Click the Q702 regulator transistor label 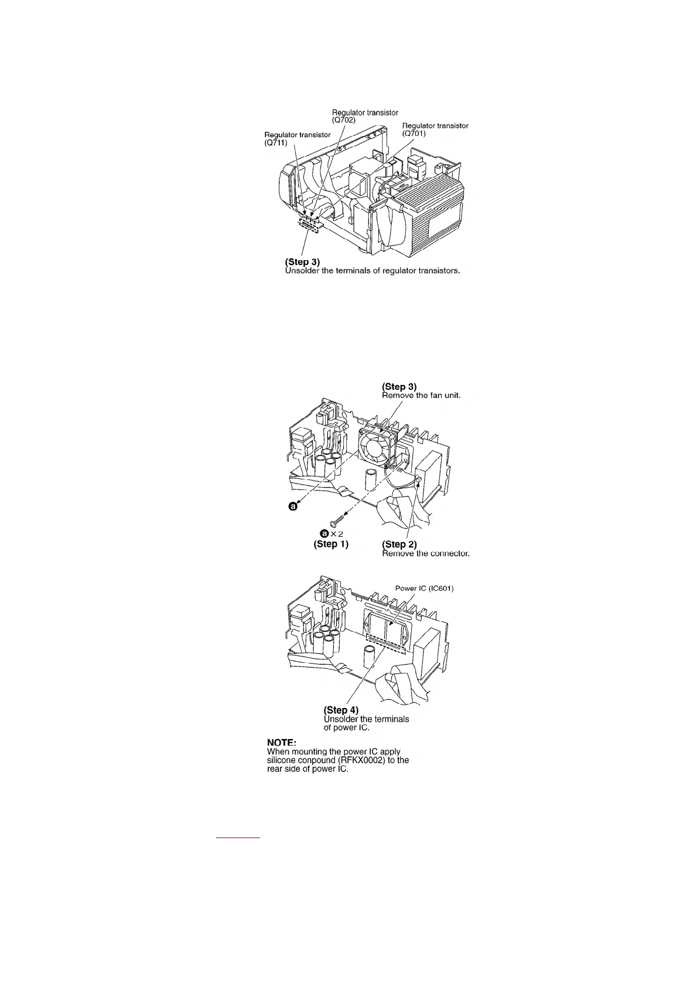[364, 116]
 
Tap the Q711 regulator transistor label [297, 138]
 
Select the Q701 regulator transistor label [435, 130]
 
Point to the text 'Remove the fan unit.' [421, 396]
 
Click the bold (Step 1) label [331, 544]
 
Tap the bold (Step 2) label [399, 544]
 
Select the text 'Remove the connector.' [425, 553]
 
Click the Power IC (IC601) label [424, 588]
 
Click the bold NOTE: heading [282, 742]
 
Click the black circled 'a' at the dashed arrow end [293, 507]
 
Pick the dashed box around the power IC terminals [385, 643]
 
